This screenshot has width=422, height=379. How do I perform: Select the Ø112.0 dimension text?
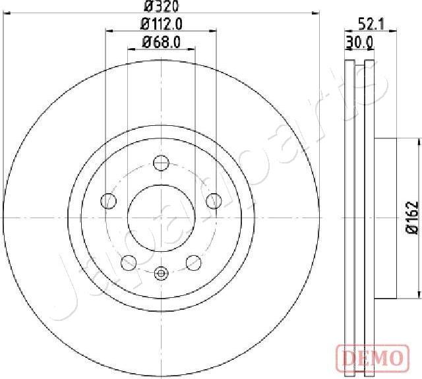[x=161, y=24]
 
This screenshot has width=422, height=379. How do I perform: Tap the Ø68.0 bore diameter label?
[x=161, y=43]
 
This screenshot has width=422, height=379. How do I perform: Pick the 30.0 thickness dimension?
[x=360, y=42]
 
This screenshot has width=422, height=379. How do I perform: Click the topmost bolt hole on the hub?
[x=161, y=162]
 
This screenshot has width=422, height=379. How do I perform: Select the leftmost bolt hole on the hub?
[x=107, y=201]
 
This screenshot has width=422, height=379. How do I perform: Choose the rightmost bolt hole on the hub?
[x=214, y=201]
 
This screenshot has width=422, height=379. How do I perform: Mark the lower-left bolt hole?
[x=129, y=262]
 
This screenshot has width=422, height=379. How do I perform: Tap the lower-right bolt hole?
[x=193, y=262]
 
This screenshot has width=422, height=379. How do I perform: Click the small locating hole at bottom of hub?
[x=161, y=272]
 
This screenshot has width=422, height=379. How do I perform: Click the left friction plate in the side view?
[x=350, y=218]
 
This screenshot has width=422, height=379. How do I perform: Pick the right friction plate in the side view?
[x=369, y=218]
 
